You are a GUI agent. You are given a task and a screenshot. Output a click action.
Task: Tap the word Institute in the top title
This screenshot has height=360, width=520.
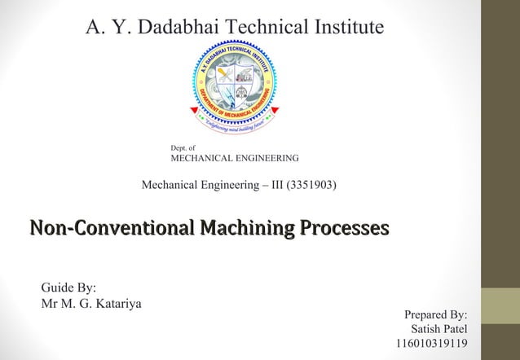(343, 27)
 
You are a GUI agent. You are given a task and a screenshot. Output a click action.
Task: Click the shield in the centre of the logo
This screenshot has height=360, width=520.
(236, 82)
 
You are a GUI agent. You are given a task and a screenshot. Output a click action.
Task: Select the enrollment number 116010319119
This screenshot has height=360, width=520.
(431, 345)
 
